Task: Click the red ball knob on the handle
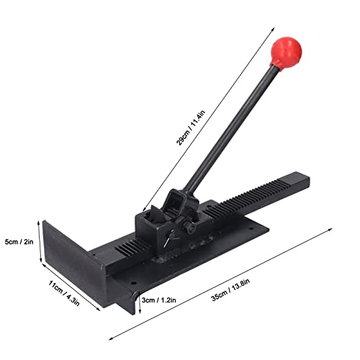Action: tap(286, 52)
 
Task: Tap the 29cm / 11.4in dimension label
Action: tap(191, 128)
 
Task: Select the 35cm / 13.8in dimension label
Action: tap(230, 289)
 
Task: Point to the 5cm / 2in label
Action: tap(19, 242)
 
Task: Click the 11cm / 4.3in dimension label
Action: tap(64, 293)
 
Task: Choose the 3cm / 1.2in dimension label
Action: tap(158, 300)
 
